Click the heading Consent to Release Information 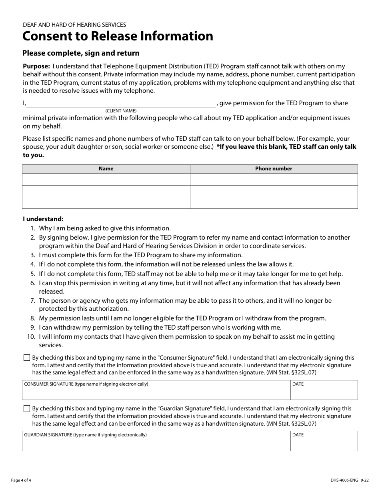tap(118, 36)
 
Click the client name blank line tap(121, 104)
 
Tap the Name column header tap(106, 169)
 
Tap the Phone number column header tap(274, 169)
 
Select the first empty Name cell tap(106, 179)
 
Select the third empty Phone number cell tap(274, 203)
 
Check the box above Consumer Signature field tap(27, 358)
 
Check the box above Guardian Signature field tap(27, 409)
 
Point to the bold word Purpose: tap(36, 66)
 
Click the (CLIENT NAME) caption tap(121, 111)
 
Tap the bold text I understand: tap(43, 219)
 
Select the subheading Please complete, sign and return tap(81, 53)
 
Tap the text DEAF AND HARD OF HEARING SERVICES tap(74, 25)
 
